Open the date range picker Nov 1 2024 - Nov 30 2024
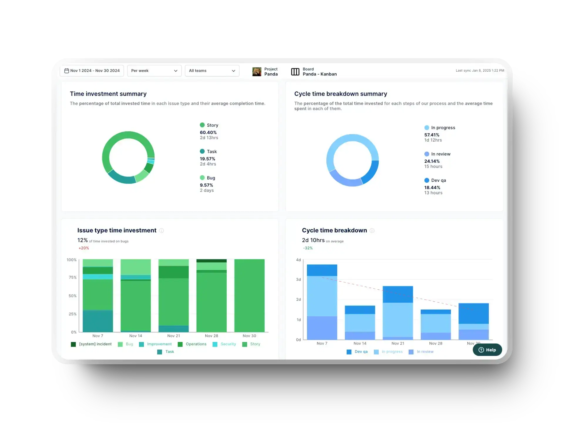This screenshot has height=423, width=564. click(92, 71)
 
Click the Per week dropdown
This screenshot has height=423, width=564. click(154, 71)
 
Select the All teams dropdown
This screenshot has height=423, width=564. click(212, 71)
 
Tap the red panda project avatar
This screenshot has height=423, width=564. click(257, 72)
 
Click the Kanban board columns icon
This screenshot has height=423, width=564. click(295, 72)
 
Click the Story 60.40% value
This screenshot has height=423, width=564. click(208, 132)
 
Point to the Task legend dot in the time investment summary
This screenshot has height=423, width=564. click(202, 151)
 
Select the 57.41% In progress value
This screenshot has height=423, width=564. click(432, 135)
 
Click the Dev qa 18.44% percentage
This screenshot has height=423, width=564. click(432, 187)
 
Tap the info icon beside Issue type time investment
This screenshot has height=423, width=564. click(161, 231)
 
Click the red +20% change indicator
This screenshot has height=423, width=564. click(84, 248)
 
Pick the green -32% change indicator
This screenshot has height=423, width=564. click(308, 248)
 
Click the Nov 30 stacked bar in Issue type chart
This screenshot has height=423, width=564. click(249, 295)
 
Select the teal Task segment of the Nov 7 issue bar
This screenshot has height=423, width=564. click(98, 321)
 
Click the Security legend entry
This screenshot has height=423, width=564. click(225, 344)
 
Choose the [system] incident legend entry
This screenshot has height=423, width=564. click(92, 344)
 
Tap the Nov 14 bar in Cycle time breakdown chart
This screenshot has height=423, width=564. click(360, 323)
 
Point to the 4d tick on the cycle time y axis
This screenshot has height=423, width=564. click(298, 260)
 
